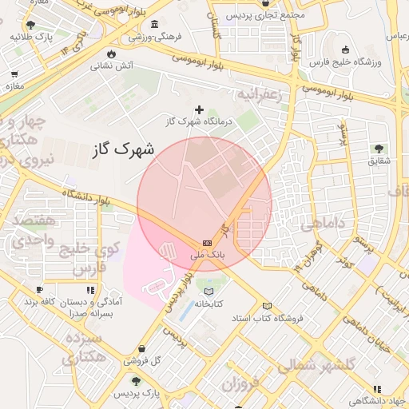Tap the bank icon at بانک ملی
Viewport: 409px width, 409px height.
coord(208,242)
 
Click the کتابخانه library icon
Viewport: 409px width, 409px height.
coord(209,292)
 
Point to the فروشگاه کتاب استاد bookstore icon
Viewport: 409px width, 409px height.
coord(267,306)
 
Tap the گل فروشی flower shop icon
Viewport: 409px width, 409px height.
coord(142,349)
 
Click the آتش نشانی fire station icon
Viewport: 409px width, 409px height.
coord(110,54)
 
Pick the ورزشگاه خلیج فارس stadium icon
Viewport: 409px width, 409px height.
coord(345,50)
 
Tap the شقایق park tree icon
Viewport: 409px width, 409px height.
coord(379,149)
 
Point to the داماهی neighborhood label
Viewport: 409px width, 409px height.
coord(324,224)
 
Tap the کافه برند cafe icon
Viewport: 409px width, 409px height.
coord(39,290)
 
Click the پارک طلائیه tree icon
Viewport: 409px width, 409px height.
coord(30,25)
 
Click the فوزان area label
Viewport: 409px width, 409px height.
coord(240,387)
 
